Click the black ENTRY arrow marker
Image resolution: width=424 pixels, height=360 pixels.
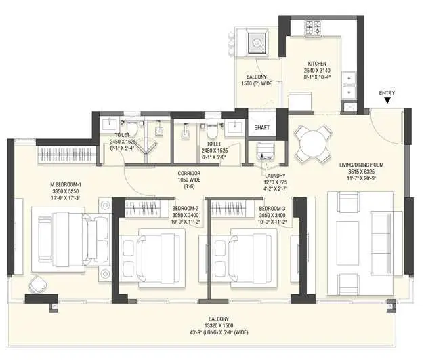pyautogui.click(x=387, y=100)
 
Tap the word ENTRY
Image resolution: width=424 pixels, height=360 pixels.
pyautogui.click(x=387, y=92)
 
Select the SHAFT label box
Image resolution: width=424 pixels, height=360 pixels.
pyautogui.click(x=262, y=127)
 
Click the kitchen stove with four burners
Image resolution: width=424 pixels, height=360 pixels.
pyautogui.click(x=313, y=28)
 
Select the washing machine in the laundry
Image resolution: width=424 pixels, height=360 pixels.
pyautogui.click(x=262, y=152)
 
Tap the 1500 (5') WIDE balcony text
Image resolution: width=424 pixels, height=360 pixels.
pyautogui.click(x=256, y=83)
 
